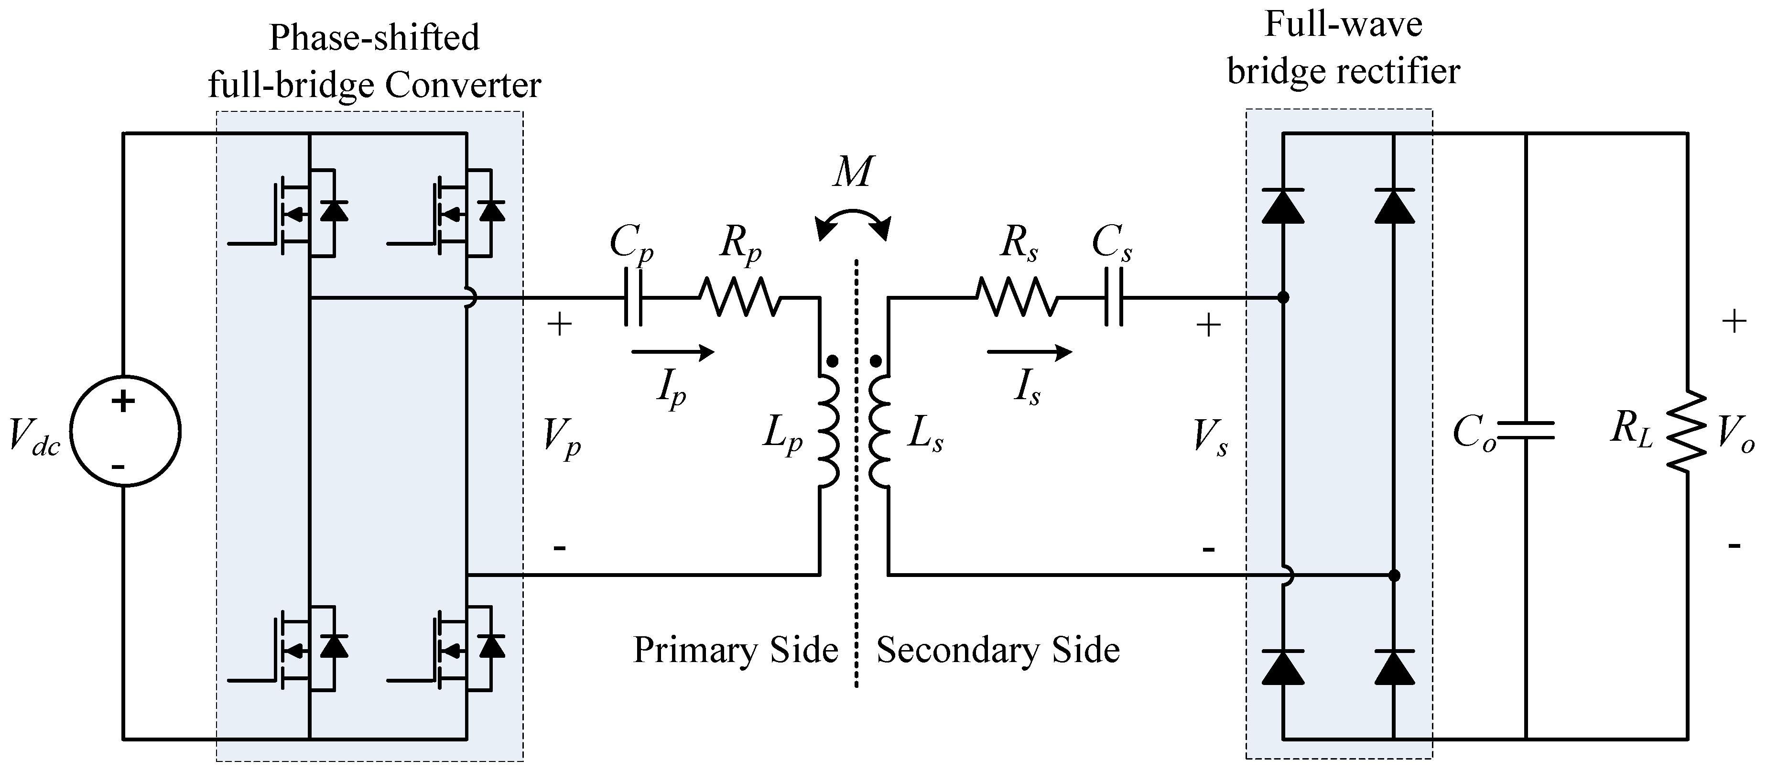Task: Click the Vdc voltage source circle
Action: click(124, 431)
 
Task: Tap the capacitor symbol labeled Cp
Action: click(634, 298)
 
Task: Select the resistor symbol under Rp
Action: click(739, 298)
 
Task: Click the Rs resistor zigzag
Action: click(1017, 298)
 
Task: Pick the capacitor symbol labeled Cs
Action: click(1114, 298)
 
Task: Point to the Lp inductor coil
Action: click(829, 431)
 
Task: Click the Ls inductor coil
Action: click(879, 431)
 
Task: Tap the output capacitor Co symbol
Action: click(1526, 431)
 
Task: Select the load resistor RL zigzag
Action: click(1687, 431)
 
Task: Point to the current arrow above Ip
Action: click(672, 353)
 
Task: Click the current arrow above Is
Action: click(1029, 353)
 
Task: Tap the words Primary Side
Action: click(736, 650)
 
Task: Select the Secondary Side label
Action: click(998, 650)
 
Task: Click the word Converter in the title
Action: click(463, 86)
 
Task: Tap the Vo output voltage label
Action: click(1735, 436)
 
